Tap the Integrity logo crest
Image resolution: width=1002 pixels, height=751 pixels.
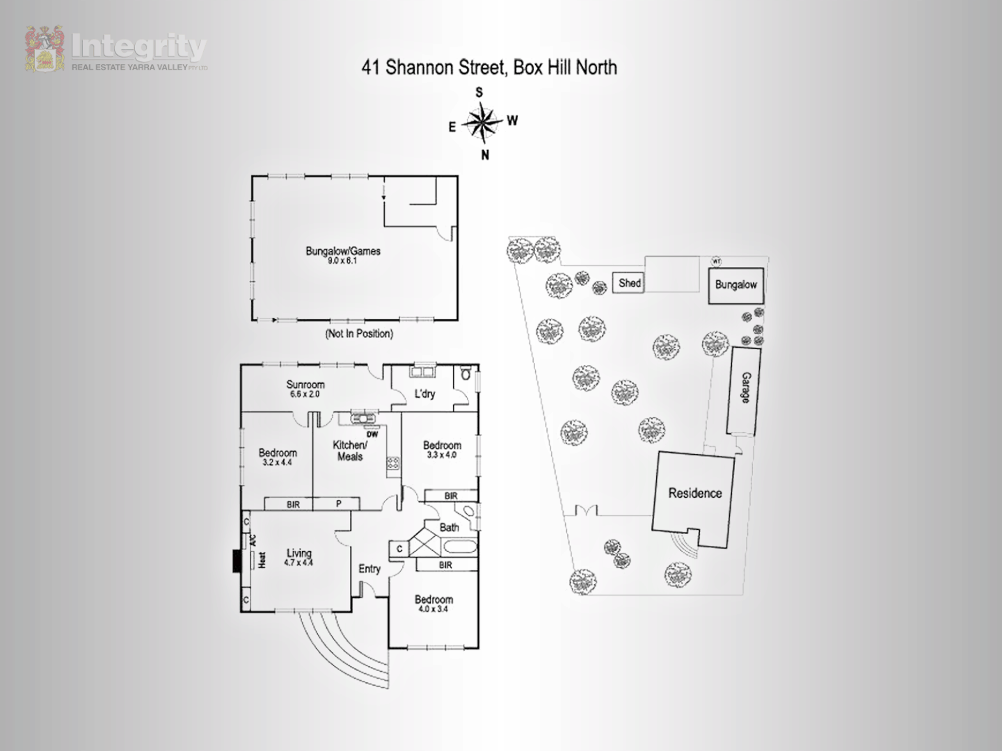click(45, 49)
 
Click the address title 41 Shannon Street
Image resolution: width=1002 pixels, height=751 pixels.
click(488, 67)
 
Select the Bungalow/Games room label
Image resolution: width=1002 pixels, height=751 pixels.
click(343, 252)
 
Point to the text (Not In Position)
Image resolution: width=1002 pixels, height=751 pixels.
click(359, 334)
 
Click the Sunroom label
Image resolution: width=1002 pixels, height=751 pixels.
click(305, 385)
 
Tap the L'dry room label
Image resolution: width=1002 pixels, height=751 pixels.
click(424, 394)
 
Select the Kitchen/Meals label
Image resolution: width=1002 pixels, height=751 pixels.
click(349, 451)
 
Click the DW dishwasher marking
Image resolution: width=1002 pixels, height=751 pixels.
click(372, 435)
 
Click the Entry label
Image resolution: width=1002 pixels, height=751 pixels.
click(369, 569)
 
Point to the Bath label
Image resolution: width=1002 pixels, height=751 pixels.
click(450, 528)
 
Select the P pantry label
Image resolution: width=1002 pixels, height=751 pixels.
click(339, 504)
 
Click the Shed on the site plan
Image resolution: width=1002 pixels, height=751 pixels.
click(630, 283)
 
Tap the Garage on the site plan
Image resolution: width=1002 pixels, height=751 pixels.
click(745, 389)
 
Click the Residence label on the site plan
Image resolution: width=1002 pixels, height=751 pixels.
click(695, 494)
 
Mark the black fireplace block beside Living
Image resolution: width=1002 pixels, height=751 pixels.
click(237, 561)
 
